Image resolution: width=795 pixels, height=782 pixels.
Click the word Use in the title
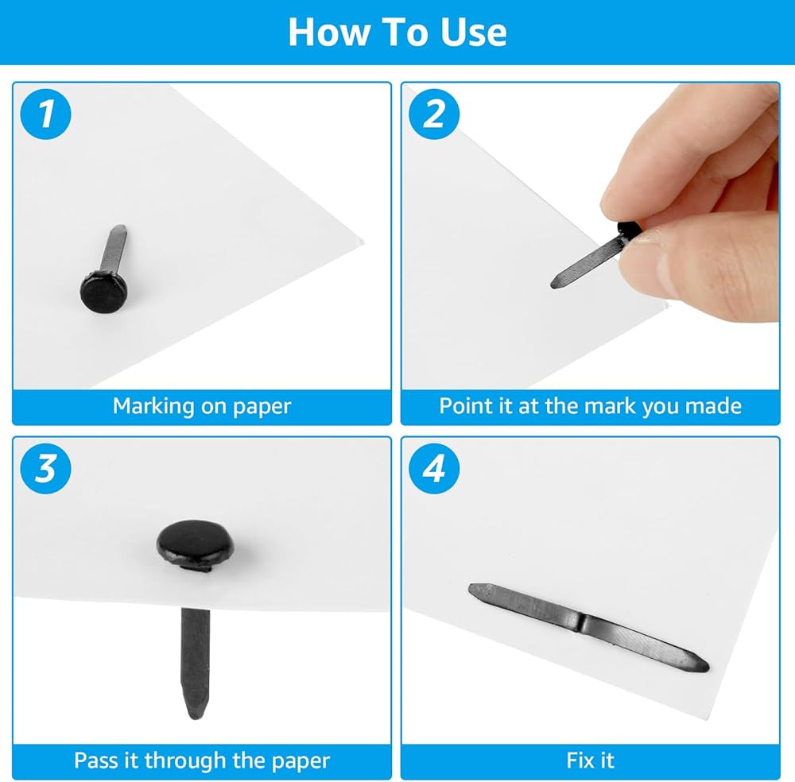[x=473, y=33]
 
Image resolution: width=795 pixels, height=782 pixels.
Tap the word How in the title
[x=329, y=33]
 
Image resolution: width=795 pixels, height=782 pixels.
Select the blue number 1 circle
[x=45, y=114]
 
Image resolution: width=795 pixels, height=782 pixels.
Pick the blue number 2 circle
[x=434, y=114]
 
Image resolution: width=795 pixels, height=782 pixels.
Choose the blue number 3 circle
[x=45, y=468]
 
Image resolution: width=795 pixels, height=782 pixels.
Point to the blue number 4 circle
[x=434, y=468]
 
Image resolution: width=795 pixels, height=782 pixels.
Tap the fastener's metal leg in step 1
[x=114, y=248]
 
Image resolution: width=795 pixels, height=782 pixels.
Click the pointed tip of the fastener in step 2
[x=554, y=284]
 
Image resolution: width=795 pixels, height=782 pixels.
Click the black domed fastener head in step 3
[x=196, y=542]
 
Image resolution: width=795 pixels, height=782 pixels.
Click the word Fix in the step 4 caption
[x=579, y=761]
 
